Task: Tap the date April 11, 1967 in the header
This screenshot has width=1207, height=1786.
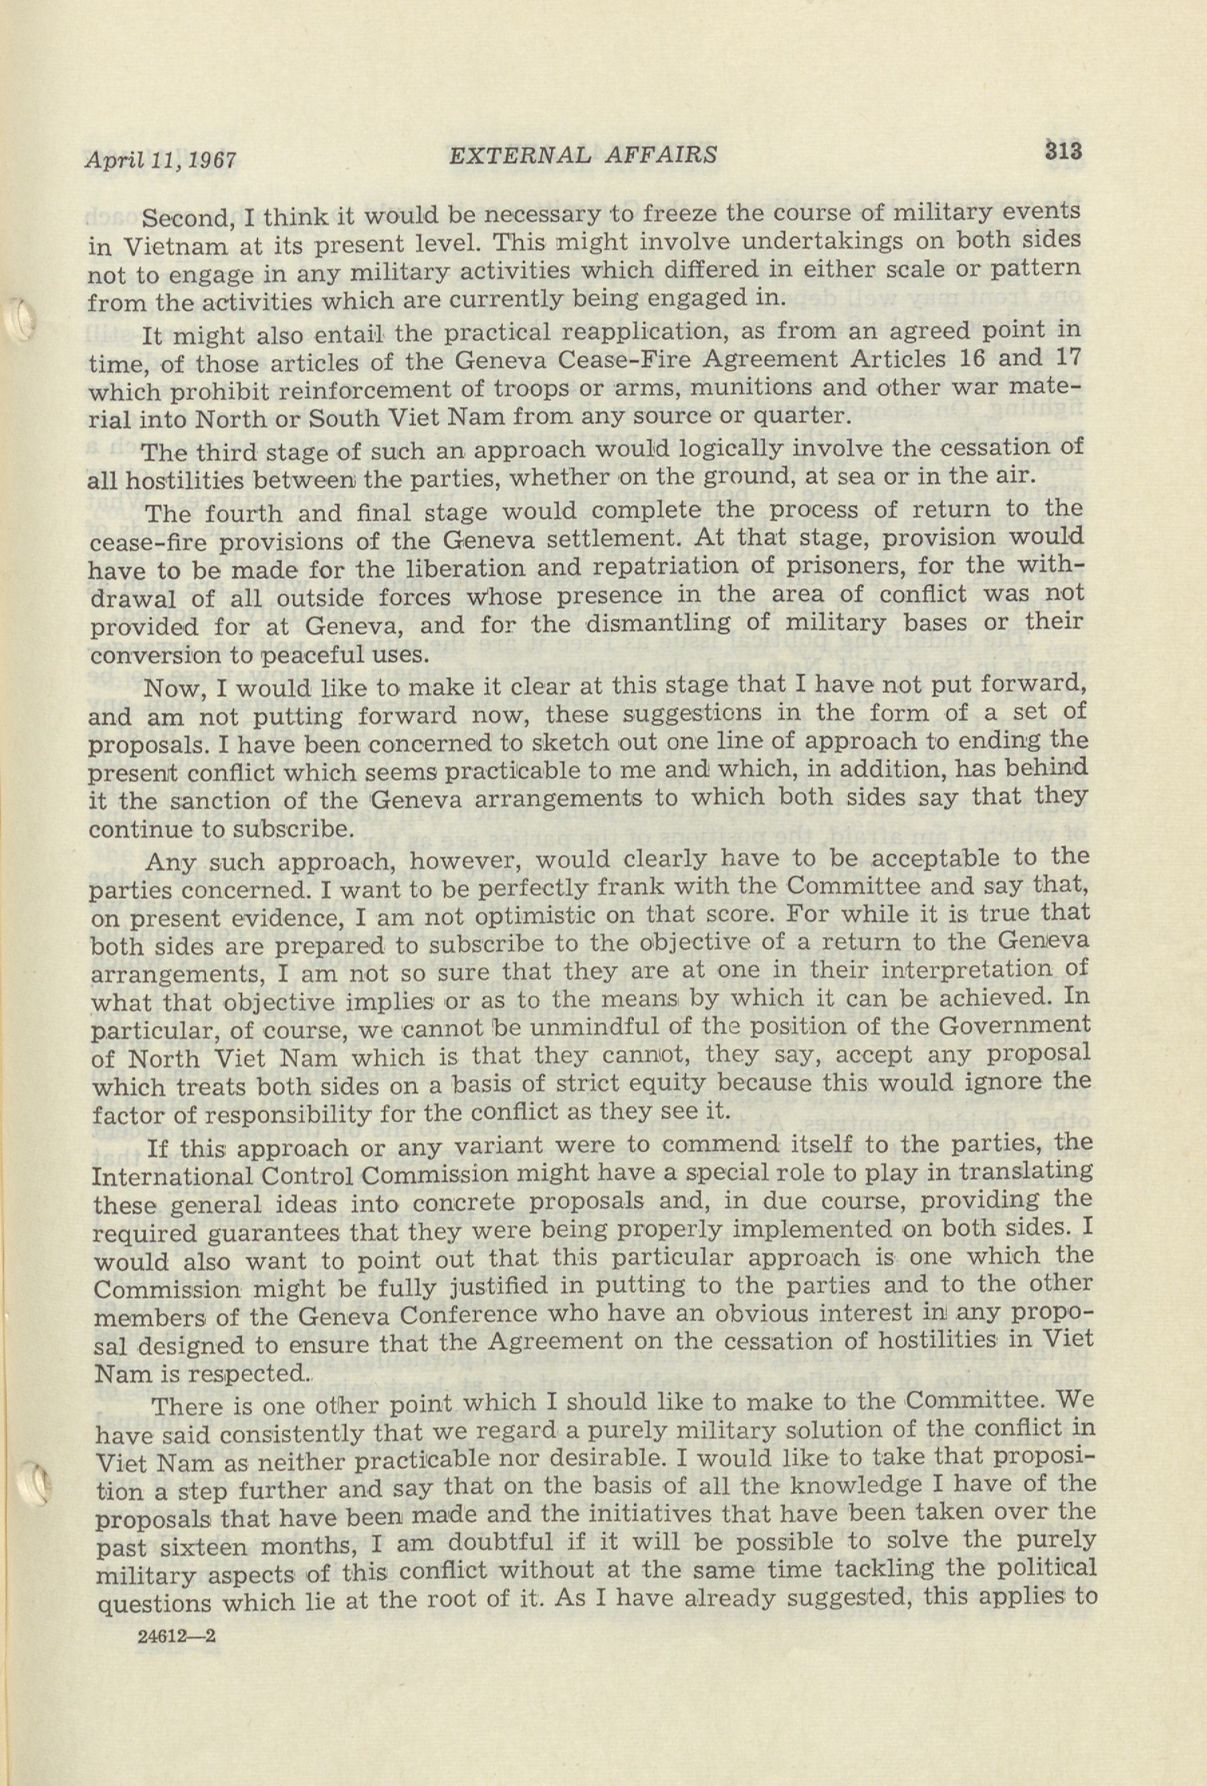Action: tap(160, 160)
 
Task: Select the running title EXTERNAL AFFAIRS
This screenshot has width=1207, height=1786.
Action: tap(582, 155)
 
